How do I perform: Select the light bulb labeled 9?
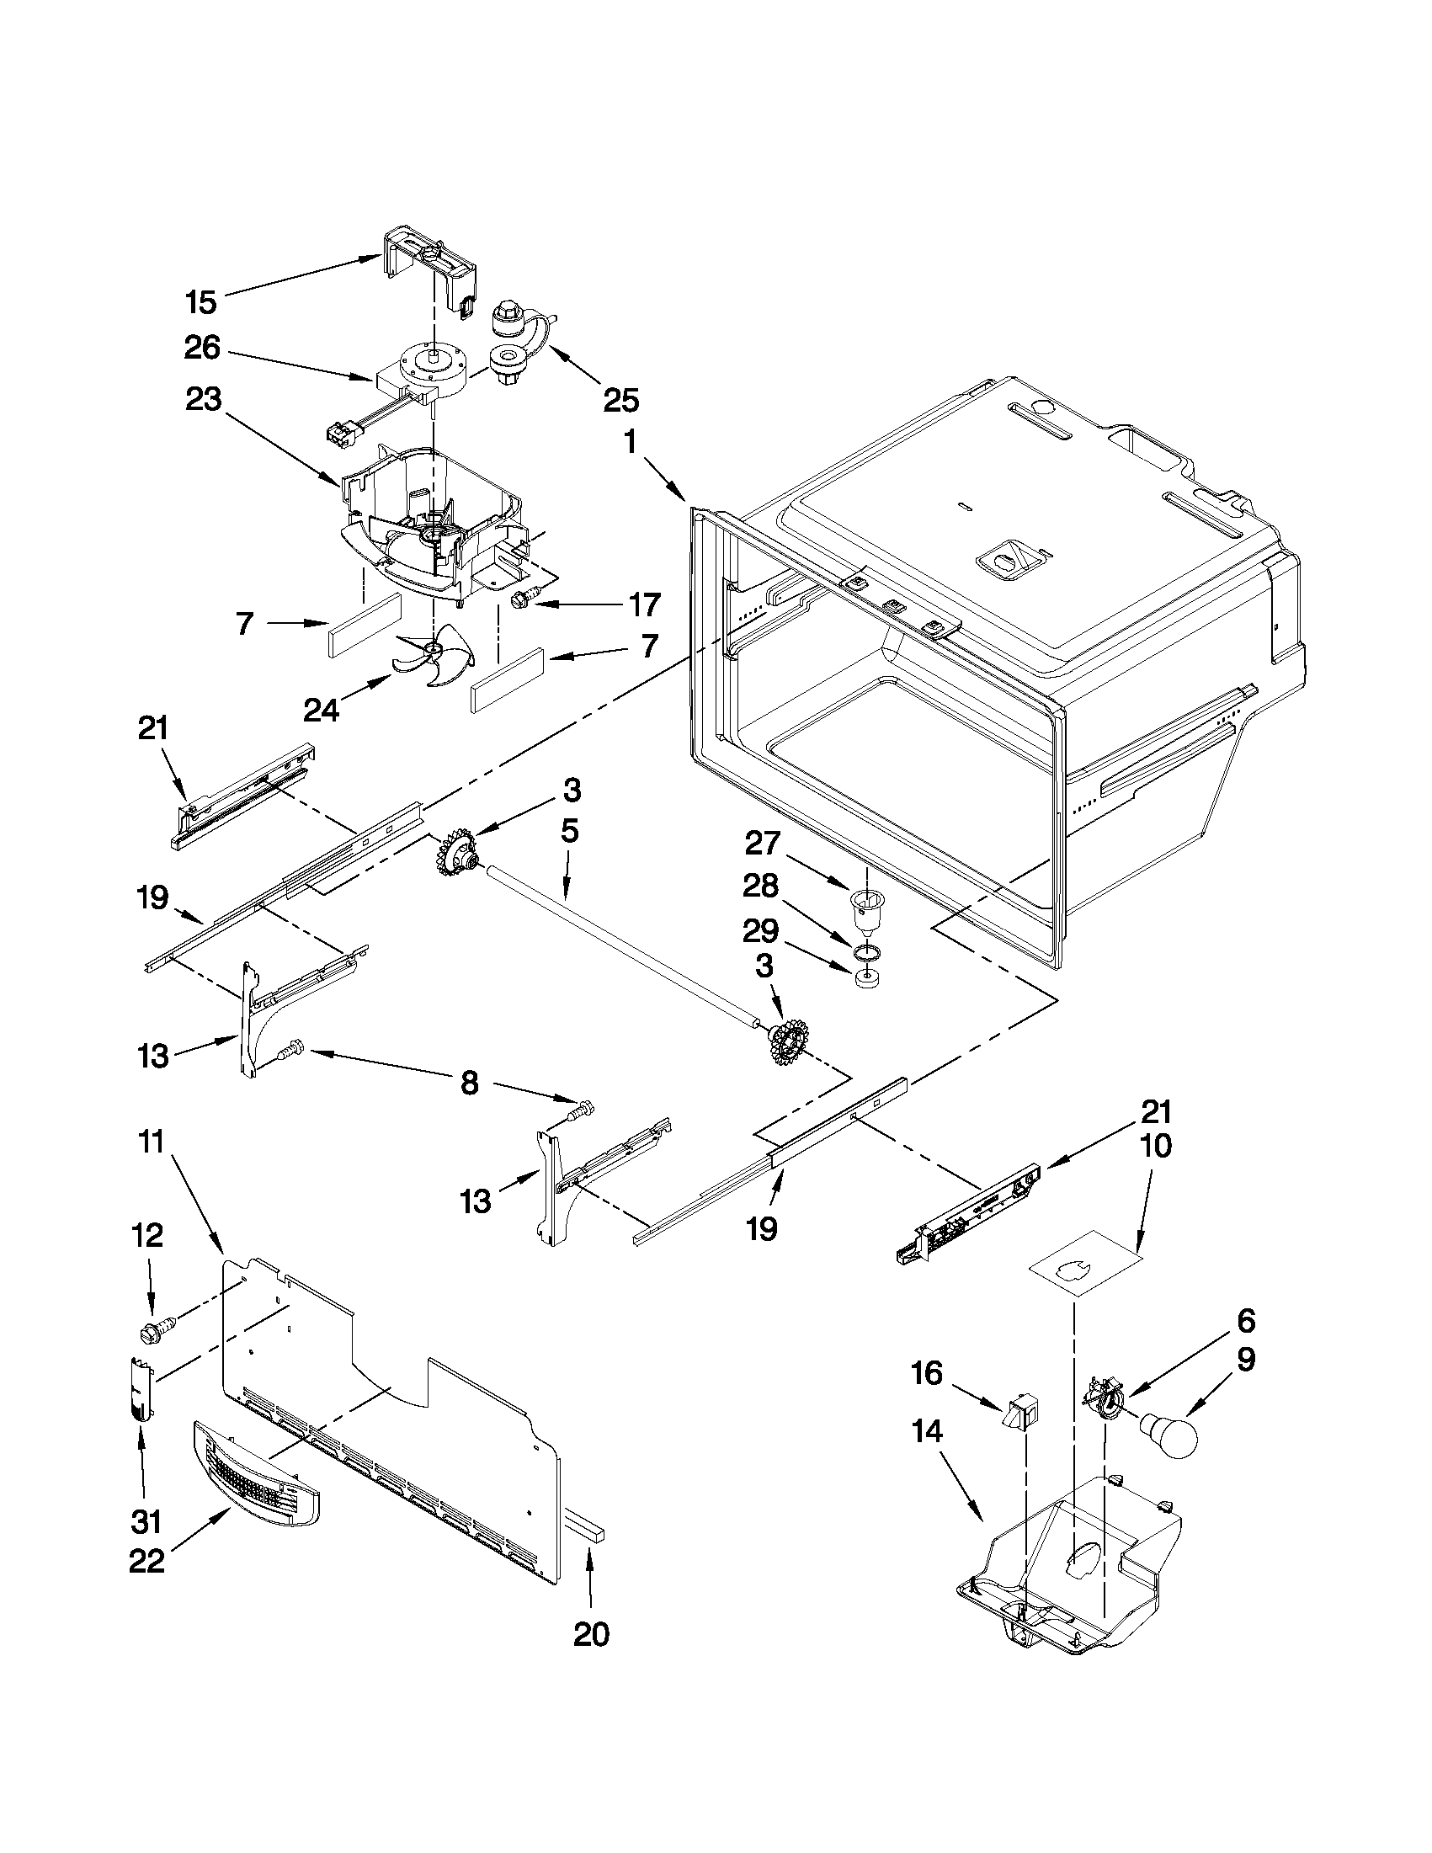click(x=1170, y=1433)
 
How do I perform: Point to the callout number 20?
click(x=590, y=1634)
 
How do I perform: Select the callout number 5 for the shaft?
click(x=569, y=831)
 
